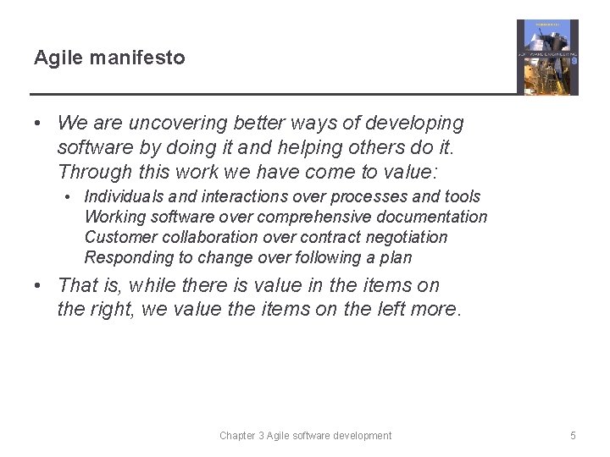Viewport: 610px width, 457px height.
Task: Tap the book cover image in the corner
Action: coord(547,57)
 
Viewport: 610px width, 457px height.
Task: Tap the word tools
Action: coord(463,197)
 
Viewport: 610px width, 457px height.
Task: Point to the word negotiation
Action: coord(406,238)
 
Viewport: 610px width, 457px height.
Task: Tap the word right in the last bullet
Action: coord(114,310)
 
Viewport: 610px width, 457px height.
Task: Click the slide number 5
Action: coord(573,436)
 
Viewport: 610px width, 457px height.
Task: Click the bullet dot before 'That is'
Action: coord(39,286)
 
